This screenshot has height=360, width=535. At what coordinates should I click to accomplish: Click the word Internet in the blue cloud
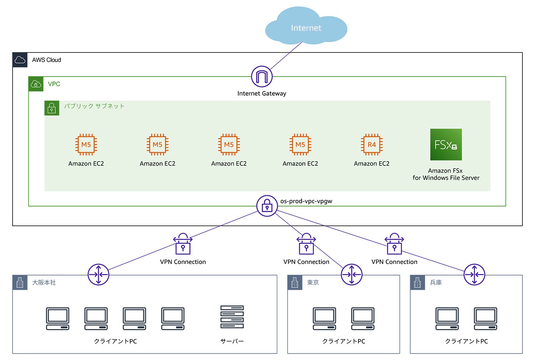coord(306,28)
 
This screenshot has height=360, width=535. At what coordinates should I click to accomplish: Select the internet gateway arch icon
coord(262,76)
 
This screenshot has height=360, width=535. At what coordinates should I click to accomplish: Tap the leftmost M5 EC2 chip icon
coord(86,145)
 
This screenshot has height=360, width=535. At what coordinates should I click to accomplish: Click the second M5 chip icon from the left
coord(157,145)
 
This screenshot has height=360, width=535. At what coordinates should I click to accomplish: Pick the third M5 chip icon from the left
coord(229,145)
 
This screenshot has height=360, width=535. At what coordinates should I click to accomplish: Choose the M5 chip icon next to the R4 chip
coord(300,145)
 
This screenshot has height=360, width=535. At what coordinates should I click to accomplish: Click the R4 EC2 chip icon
coord(372,145)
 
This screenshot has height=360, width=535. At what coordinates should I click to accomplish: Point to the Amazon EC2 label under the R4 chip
coord(372,164)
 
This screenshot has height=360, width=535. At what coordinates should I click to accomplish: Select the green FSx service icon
coord(446,145)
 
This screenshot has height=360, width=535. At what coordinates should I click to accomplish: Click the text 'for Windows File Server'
coord(446,178)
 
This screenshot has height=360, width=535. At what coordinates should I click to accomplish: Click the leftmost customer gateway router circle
coord(99,274)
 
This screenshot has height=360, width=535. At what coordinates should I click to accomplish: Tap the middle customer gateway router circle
coord(352,274)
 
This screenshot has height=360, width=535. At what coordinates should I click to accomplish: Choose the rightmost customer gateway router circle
coord(474,274)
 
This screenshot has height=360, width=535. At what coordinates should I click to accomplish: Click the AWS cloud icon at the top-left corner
coord(20,60)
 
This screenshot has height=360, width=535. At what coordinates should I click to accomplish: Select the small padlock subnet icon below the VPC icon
coord(51,108)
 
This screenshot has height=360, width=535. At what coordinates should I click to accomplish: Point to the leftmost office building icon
coord(20,283)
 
